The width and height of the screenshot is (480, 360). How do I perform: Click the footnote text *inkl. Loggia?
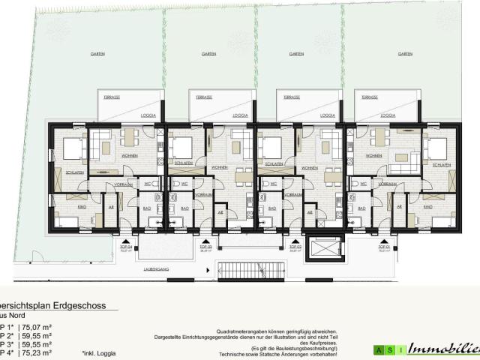pyautogui.click(x=99, y=351)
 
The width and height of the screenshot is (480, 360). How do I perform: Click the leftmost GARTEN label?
pyautogui.click(x=97, y=55)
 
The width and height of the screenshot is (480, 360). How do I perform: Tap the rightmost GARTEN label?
pyautogui.click(x=406, y=55)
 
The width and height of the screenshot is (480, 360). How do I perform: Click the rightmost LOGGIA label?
pyautogui.click(x=387, y=116)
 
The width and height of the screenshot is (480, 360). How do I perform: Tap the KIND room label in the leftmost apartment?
pyautogui.click(x=62, y=205)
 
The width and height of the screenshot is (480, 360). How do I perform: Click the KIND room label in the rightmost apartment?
pyautogui.click(x=427, y=205)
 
